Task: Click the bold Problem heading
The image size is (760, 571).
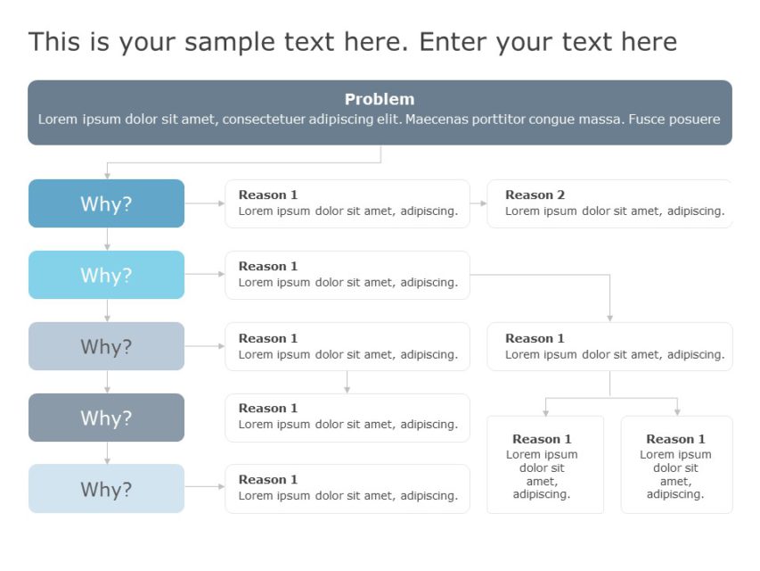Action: tap(380, 99)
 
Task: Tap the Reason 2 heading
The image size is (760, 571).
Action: tap(535, 194)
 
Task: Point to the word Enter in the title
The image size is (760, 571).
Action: tap(454, 42)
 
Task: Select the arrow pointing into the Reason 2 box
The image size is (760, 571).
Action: tap(478, 203)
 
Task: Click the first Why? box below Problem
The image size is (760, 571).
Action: tap(106, 203)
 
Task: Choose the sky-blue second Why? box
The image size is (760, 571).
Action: tap(106, 275)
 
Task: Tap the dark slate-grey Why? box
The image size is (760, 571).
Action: tap(106, 418)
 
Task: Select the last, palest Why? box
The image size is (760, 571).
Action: tap(106, 489)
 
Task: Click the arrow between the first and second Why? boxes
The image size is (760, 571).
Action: tap(107, 239)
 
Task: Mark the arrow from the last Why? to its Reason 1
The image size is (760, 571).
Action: tap(205, 486)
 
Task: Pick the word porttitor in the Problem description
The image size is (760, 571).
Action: tap(501, 119)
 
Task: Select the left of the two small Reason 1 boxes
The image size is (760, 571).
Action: tap(544, 465)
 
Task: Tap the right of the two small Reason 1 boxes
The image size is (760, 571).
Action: tap(676, 465)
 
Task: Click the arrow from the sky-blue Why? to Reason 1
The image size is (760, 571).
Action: tap(205, 274)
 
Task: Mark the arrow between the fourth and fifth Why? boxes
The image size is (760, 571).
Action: tap(107, 453)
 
